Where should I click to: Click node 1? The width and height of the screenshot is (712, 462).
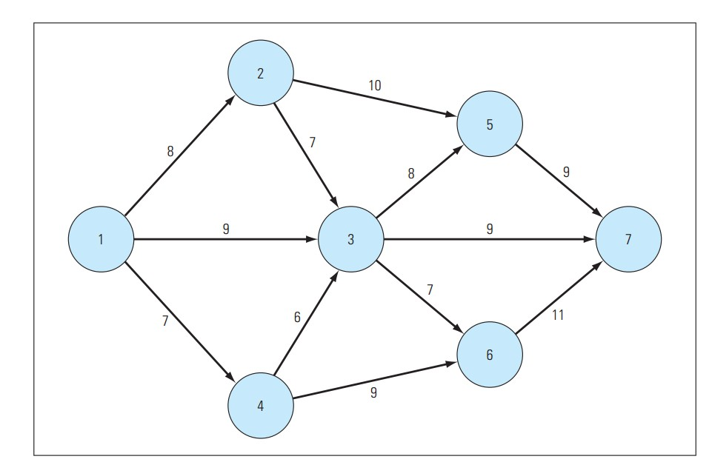(101, 239)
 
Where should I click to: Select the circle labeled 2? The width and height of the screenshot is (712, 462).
(260, 73)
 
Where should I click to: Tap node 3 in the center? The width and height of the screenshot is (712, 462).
(350, 239)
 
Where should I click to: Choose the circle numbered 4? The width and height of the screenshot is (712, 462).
(260, 406)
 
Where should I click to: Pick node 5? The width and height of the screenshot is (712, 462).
(490, 124)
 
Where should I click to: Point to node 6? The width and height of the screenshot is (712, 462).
(490, 355)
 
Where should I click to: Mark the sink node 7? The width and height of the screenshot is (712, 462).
(628, 239)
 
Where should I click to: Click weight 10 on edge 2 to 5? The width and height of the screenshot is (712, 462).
(375, 85)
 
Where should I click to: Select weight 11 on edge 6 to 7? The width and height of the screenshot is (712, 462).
(557, 315)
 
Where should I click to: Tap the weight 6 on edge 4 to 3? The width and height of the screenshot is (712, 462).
(296, 316)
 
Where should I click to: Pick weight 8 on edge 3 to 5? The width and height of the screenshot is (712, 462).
(410, 173)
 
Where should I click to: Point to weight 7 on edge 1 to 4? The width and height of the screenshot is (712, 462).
(166, 321)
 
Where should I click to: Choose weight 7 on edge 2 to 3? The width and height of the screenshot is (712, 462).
(313, 142)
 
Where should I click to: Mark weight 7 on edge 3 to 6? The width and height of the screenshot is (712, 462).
(429, 291)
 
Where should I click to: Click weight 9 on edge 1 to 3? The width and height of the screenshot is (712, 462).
(226, 230)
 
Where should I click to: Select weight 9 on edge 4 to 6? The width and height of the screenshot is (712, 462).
(373, 393)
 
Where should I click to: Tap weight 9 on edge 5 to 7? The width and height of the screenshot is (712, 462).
(566, 172)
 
